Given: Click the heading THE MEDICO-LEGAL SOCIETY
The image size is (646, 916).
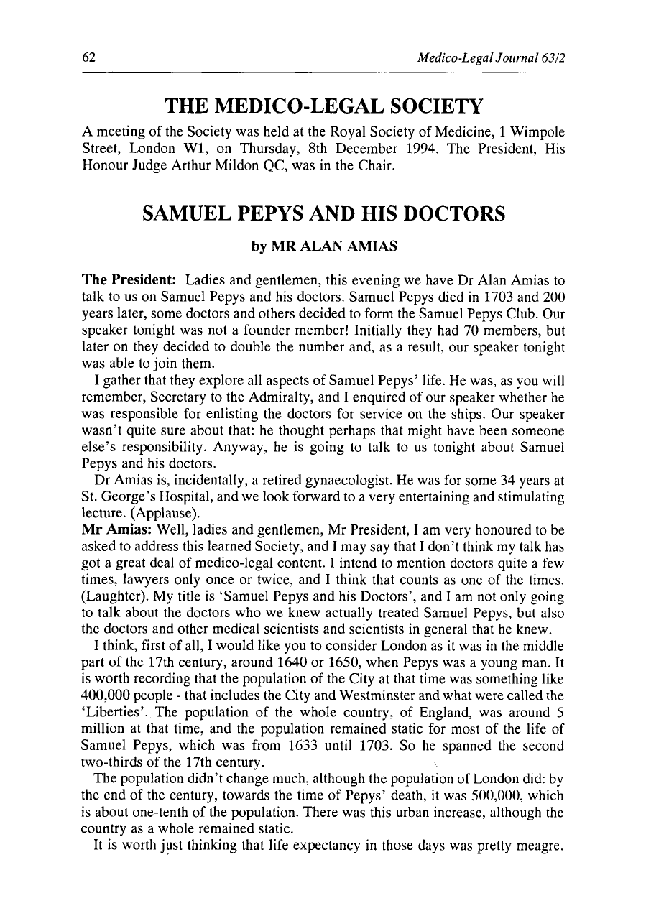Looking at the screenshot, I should coord(323,107).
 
